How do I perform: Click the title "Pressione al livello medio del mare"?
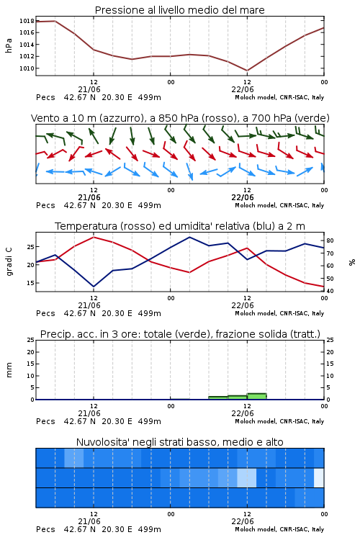(179, 10)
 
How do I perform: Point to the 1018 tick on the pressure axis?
(27, 21)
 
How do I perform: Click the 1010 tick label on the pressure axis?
(27, 68)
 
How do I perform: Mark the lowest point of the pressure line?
(247, 71)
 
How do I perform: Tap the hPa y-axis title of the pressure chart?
(9, 45)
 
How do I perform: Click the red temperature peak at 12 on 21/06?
(94, 237)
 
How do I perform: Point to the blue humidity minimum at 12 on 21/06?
(94, 287)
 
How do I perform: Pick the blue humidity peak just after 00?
(190, 237)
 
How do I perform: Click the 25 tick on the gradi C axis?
(30, 247)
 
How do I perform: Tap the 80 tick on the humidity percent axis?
(330, 240)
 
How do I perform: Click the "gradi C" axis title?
(9, 261)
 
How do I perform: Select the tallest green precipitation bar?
(256, 396)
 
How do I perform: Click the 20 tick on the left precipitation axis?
(31, 352)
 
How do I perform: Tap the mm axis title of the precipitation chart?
(9, 370)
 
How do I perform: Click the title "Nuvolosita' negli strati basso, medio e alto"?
(179, 442)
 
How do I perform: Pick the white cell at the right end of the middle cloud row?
(319, 477)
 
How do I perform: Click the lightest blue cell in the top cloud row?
(74, 458)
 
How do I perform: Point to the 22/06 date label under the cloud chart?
(243, 521)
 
